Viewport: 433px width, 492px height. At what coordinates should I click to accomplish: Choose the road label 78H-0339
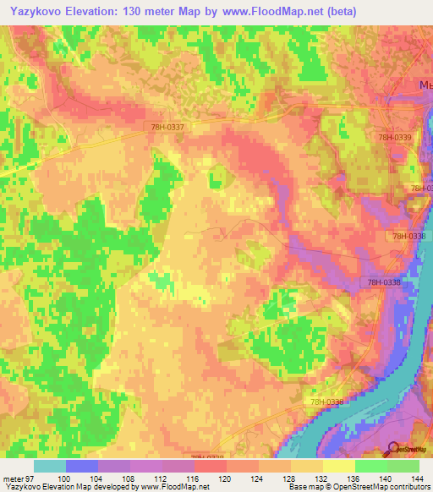pos(394,137)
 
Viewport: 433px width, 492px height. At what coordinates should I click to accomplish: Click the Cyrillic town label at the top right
pos(425,85)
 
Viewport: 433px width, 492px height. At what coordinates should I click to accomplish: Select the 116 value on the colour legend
pos(194,479)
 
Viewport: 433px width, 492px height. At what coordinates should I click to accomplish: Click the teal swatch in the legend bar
pos(50,466)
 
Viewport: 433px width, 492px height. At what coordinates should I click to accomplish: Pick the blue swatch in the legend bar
pos(82,466)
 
